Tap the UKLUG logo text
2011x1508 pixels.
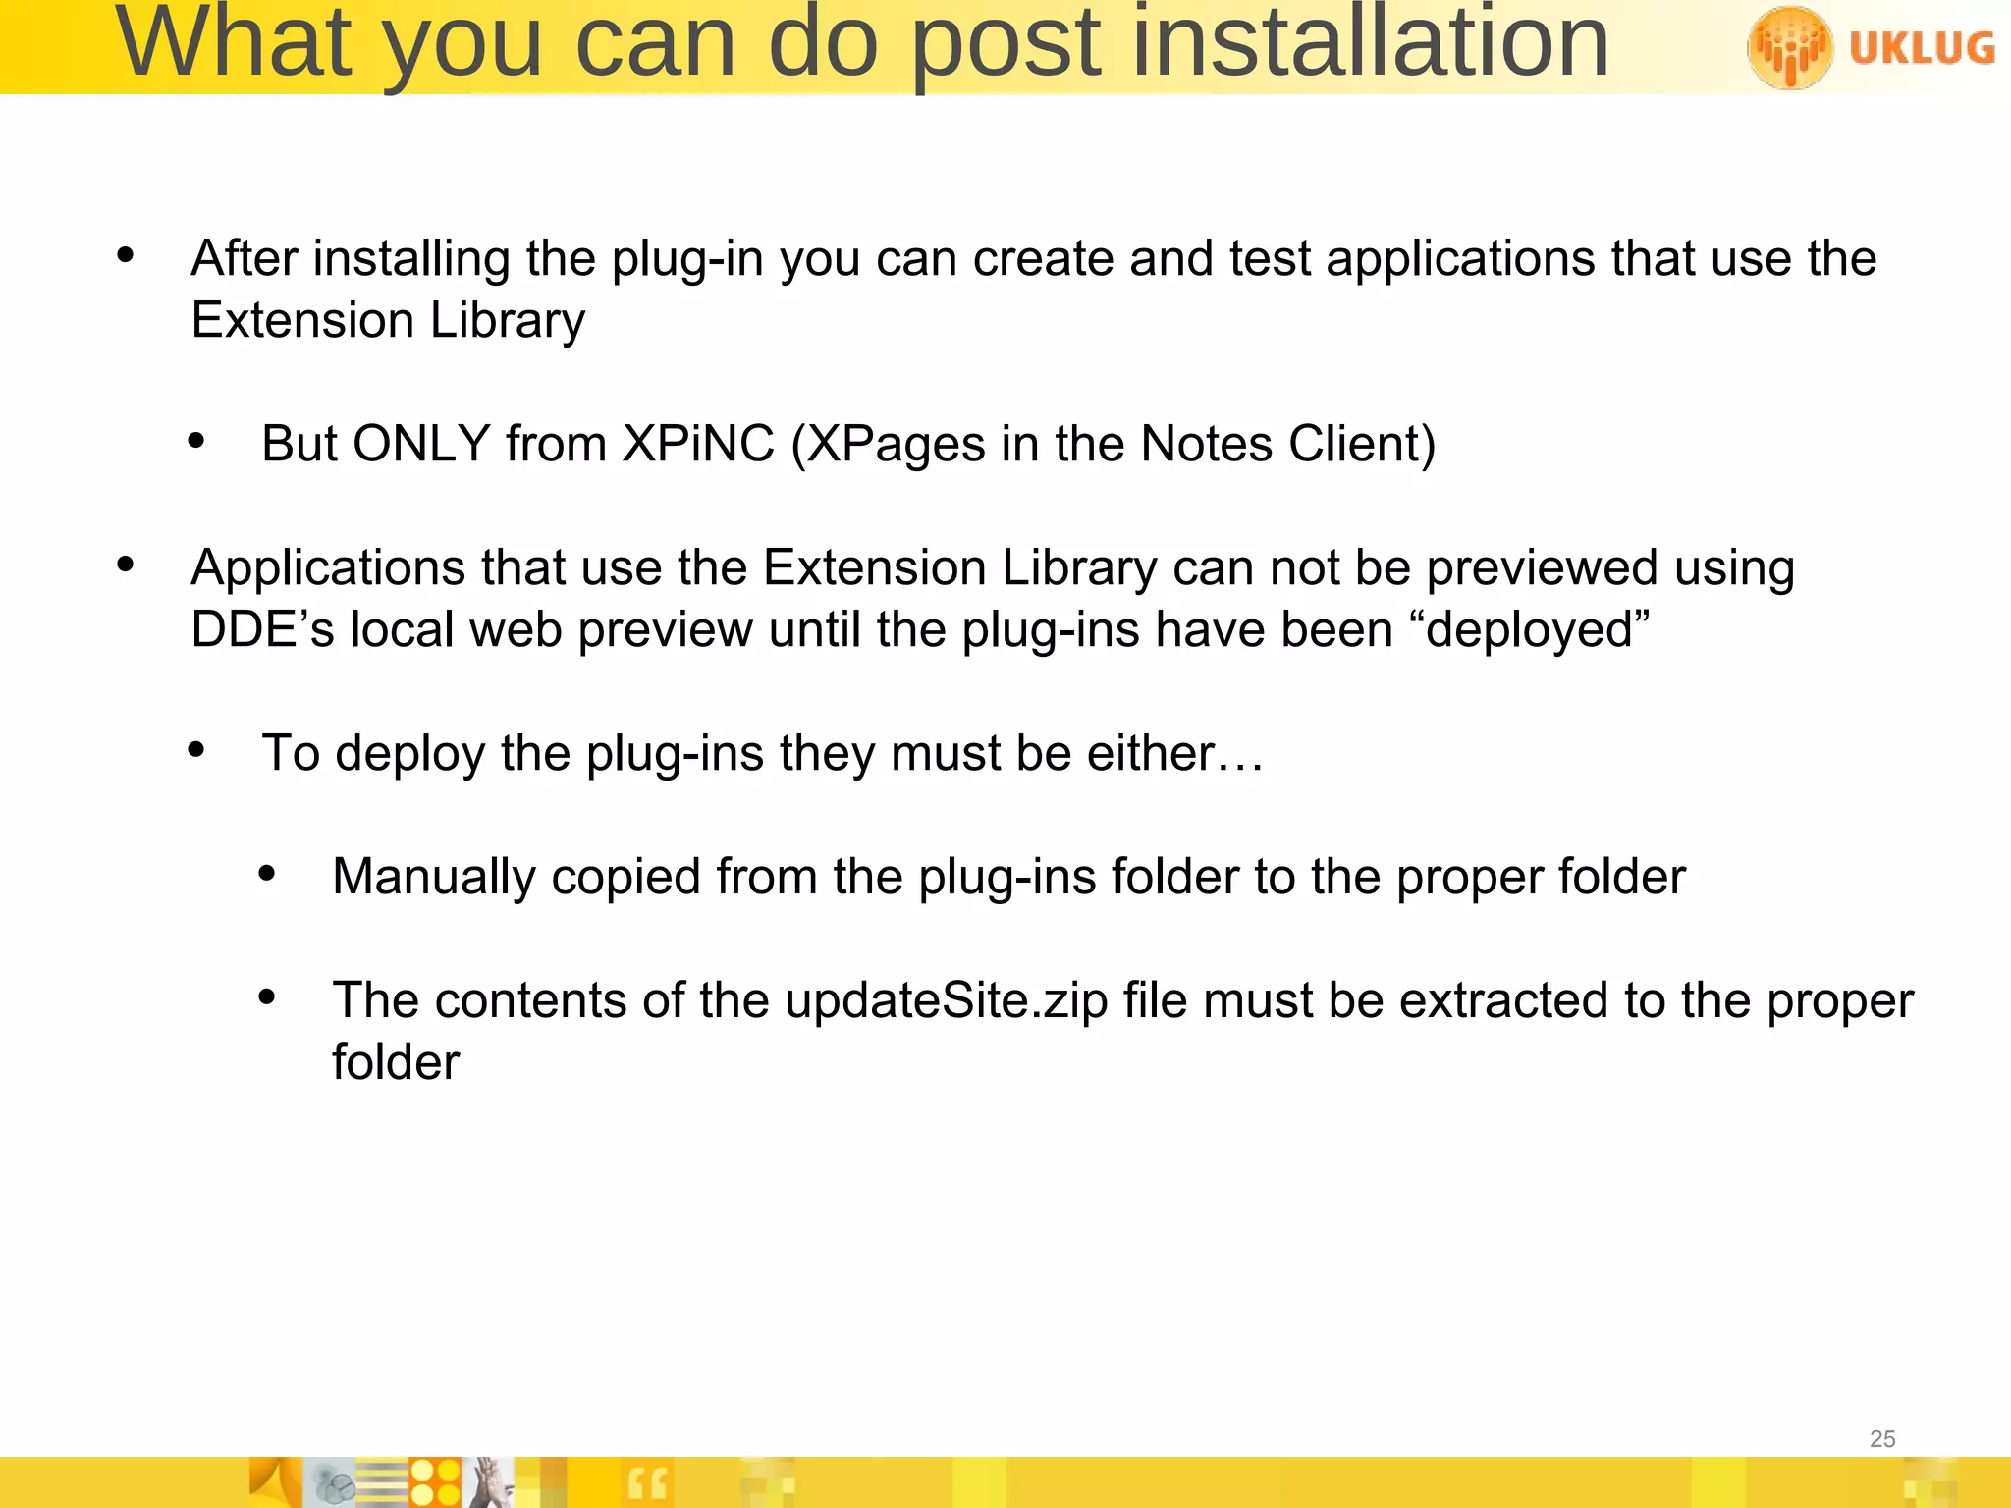point(1922,47)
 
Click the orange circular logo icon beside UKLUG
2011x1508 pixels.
point(1789,47)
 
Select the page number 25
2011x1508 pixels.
point(1882,1439)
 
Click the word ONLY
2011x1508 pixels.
point(421,444)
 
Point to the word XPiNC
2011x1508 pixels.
point(698,444)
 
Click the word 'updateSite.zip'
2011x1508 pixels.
point(947,1000)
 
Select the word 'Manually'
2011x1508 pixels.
point(433,877)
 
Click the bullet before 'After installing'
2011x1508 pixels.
point(125,256)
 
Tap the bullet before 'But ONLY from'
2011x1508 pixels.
point(196,442)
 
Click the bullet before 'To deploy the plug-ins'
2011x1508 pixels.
point(196,751)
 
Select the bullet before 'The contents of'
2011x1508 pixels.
point(267,998)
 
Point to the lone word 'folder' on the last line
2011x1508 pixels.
point(396,1062)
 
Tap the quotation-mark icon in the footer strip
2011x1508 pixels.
point(646,1482)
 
